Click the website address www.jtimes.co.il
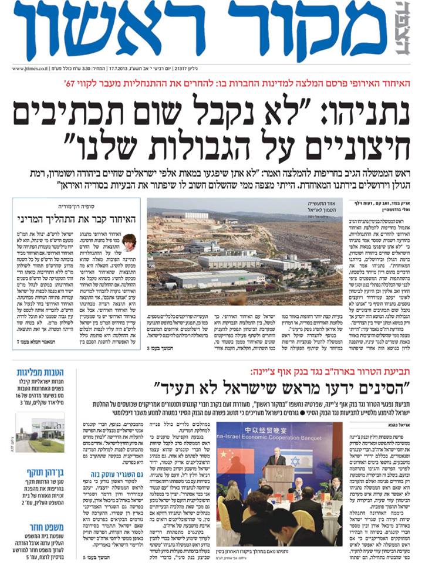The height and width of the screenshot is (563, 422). [29, 68]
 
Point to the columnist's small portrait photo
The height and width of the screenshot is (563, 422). [130, 242]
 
